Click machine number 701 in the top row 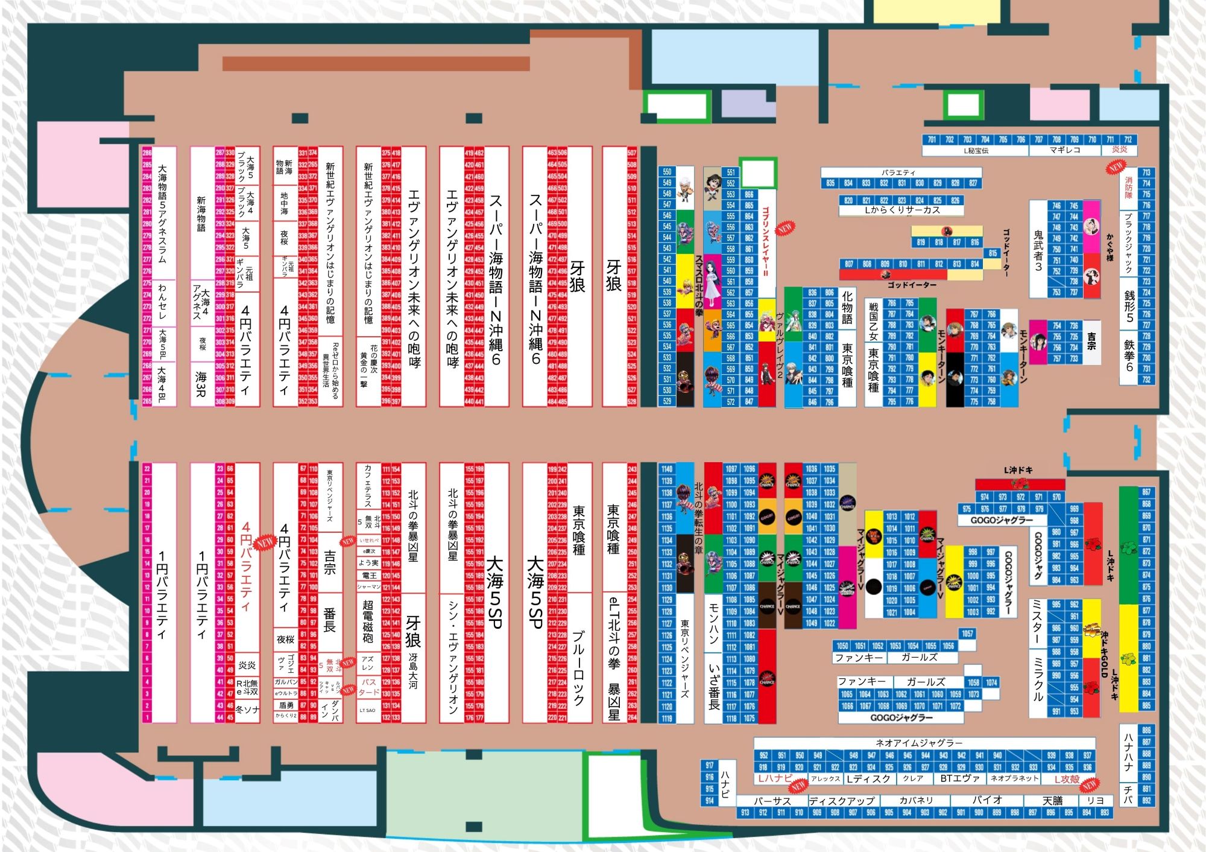(932, 139)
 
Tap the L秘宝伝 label (976, 150)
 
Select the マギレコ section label (1065, 150)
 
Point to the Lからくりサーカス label (902, 211)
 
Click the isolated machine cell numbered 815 (993, 253)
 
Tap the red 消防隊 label (1128, 188)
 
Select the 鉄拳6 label (1129, 355)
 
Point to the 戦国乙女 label (873, 320)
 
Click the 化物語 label (847, 307)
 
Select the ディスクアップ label (842, 801)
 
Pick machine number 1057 (967, 634)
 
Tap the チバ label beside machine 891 (1128, 795)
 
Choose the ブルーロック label (578, 667)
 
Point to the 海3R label (201, 384)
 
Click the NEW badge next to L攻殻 (1089, 786)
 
